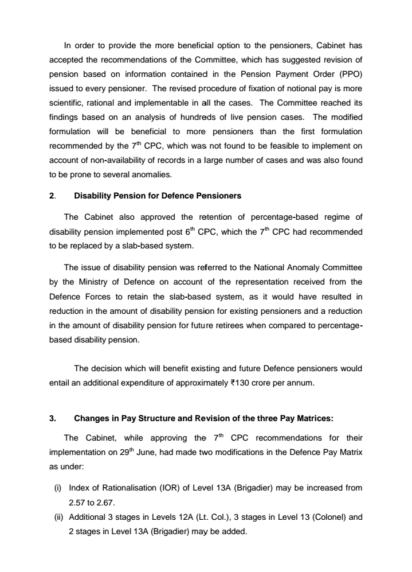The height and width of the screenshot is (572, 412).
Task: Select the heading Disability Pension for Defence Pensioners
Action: click(x=158, y=196)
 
